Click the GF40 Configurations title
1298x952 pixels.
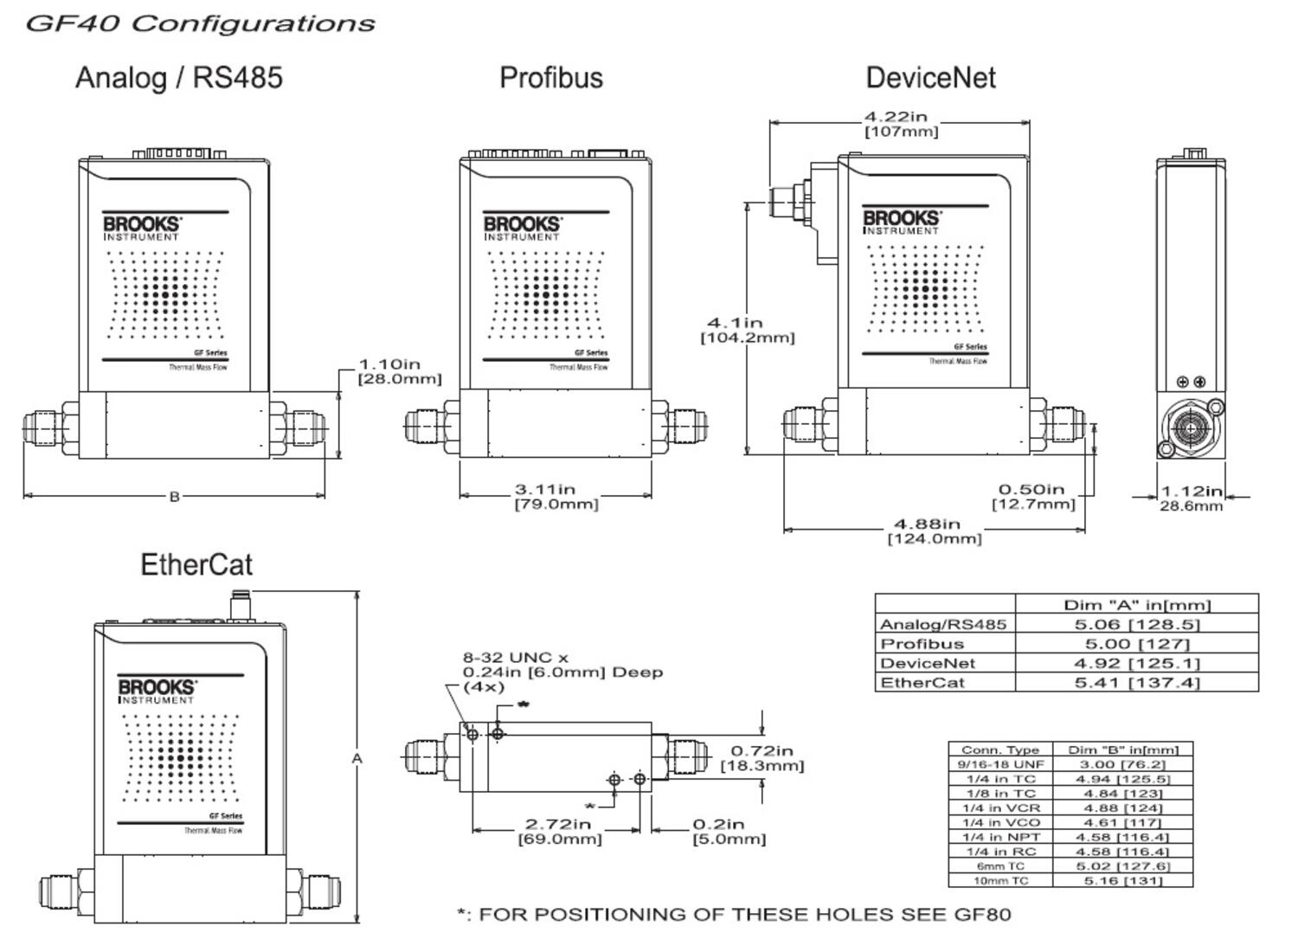click(200, 23)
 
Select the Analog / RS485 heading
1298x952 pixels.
click(179, 78)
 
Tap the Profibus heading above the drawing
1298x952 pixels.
click(551, 78)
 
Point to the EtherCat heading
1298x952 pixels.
click(196, 565)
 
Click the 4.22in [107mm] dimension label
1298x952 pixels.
click(900, 124)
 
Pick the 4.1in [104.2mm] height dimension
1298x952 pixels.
click(747, 330)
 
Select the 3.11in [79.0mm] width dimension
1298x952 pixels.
click(556, 497)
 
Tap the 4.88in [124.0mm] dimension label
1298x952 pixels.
click(934, 531)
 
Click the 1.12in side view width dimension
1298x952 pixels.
click(1192, 499)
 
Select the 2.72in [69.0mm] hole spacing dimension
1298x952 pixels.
click(559, 831)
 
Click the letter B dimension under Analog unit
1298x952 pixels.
click(174, 497)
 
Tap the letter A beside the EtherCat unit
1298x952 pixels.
click(357, 759)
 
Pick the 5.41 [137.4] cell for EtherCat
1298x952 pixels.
click(1136, 683)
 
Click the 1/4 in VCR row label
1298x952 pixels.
click(1000, 808)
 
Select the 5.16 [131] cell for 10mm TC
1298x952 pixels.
click(1122, 881)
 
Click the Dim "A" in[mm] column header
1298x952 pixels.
click(1136, 604)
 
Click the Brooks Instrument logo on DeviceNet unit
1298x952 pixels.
click(901, 222)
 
